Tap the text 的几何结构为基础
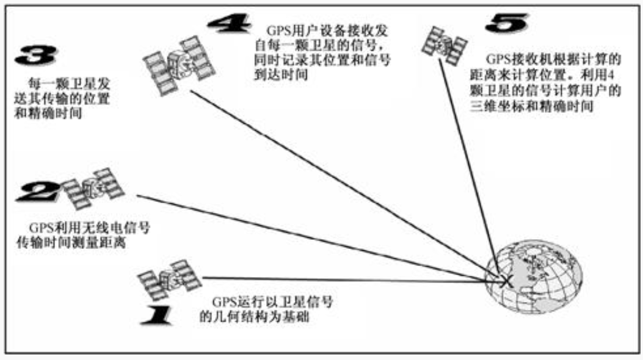tap(251, 317)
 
